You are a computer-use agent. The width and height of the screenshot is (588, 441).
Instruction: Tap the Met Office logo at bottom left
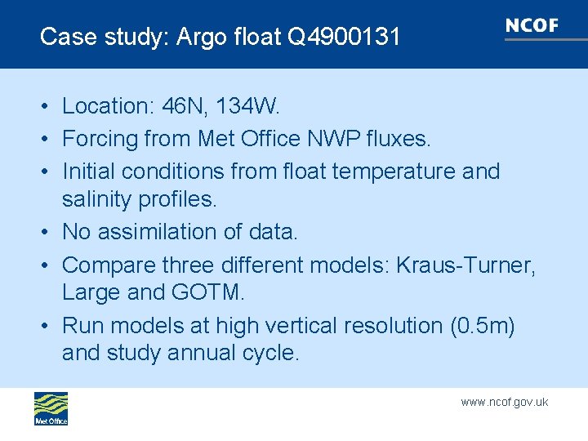pyautogui.click(x=51, y=408)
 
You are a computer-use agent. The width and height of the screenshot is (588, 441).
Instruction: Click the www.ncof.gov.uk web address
pyautogui.click(x=504, y=402)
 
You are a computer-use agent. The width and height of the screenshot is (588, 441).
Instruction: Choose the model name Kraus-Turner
pyautogui.click(x=466, y=265)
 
